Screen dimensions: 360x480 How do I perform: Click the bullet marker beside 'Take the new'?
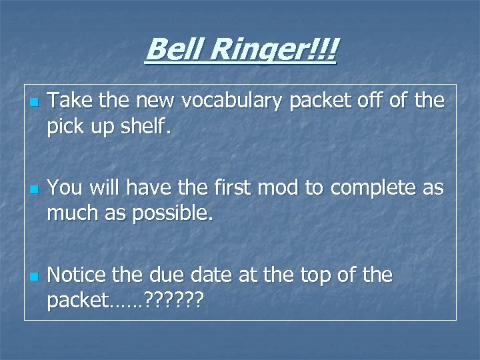pos(33,103)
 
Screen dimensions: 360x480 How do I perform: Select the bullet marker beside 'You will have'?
pos(33,189)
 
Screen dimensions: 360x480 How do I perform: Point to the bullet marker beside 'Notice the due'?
pos(33,276)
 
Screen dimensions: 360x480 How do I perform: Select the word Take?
pos(69,101)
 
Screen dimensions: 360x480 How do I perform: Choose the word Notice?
pos(79,274)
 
